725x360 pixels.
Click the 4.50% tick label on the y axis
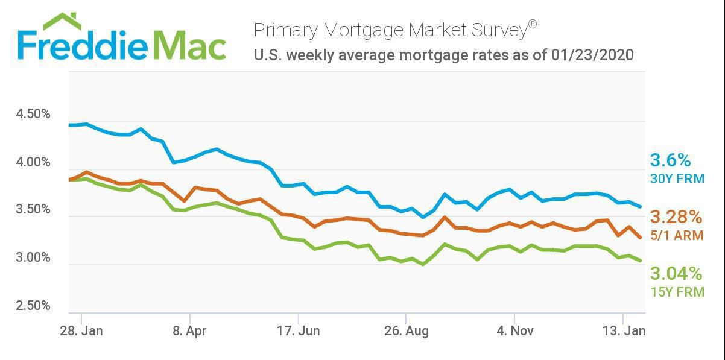click(33, 115)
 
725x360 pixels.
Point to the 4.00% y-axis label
click(33, 162)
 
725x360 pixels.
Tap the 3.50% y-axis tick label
click(33, 210)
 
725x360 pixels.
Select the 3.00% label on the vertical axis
click(33, 257)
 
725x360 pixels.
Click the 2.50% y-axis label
click(33, 305)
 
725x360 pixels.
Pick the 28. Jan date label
click(81, 330)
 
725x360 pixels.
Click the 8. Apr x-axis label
click(189, 330)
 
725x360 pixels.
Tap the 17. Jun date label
click(297, 330)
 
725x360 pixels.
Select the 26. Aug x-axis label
click(406, 330)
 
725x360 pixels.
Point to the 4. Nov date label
click(514, 330)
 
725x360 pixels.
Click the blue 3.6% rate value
click(670, 160)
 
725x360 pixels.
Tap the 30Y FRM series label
click(677, 178)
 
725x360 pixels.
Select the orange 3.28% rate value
click(676, 216)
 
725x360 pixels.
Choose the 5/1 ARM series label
click(677, 235)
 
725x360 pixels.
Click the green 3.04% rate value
click(676, 274)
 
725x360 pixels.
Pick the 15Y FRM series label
click(677, 292)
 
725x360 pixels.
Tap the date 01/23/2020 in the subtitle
click(592, 55)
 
